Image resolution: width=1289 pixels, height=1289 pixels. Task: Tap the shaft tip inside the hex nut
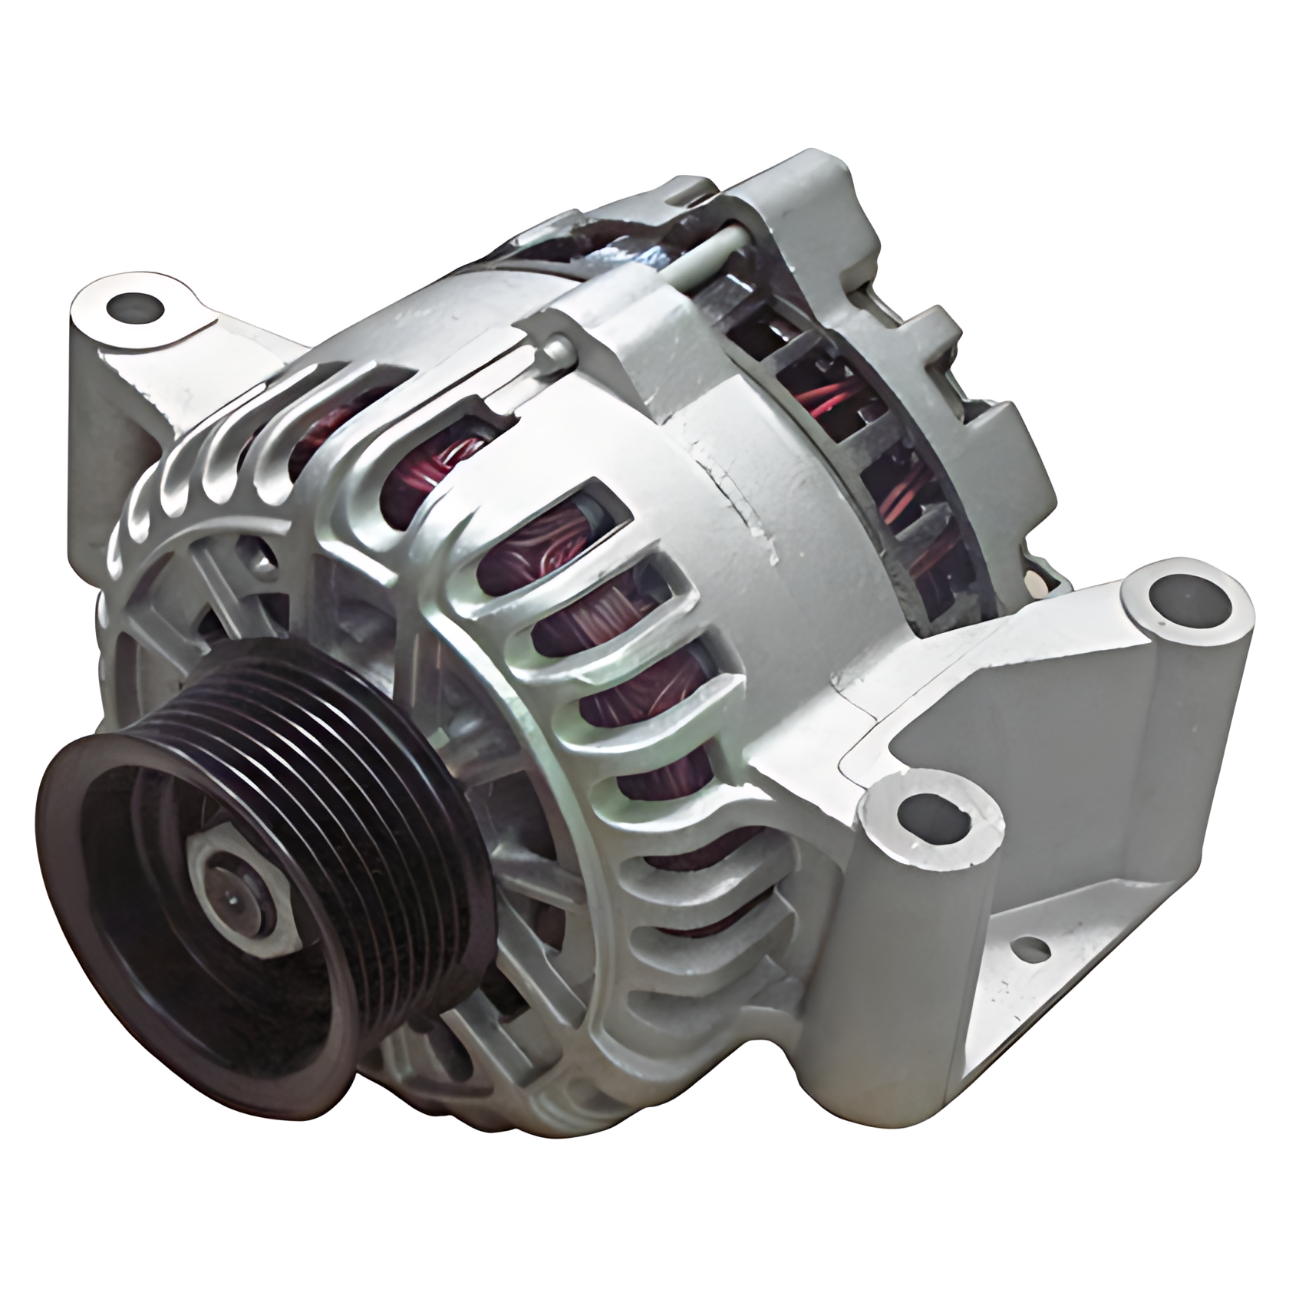coord(232,895)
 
